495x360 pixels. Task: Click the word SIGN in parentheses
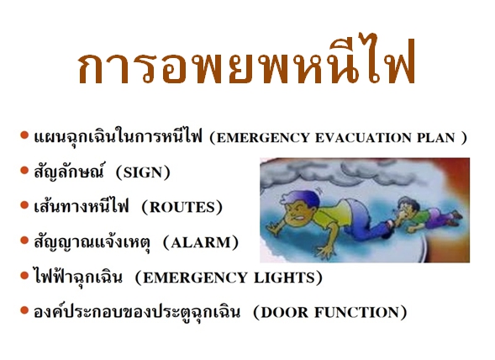143,172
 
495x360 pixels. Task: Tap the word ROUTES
182,208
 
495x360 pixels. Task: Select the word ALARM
201,242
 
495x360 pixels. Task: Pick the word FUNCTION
356,312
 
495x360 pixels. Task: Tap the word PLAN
436,137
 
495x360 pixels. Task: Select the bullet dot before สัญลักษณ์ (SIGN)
24,171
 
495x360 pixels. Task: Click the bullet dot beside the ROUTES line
24,205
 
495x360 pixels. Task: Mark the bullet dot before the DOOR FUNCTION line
24,310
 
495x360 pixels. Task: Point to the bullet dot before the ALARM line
24,241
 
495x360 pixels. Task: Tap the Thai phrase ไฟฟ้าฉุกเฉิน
77,276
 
